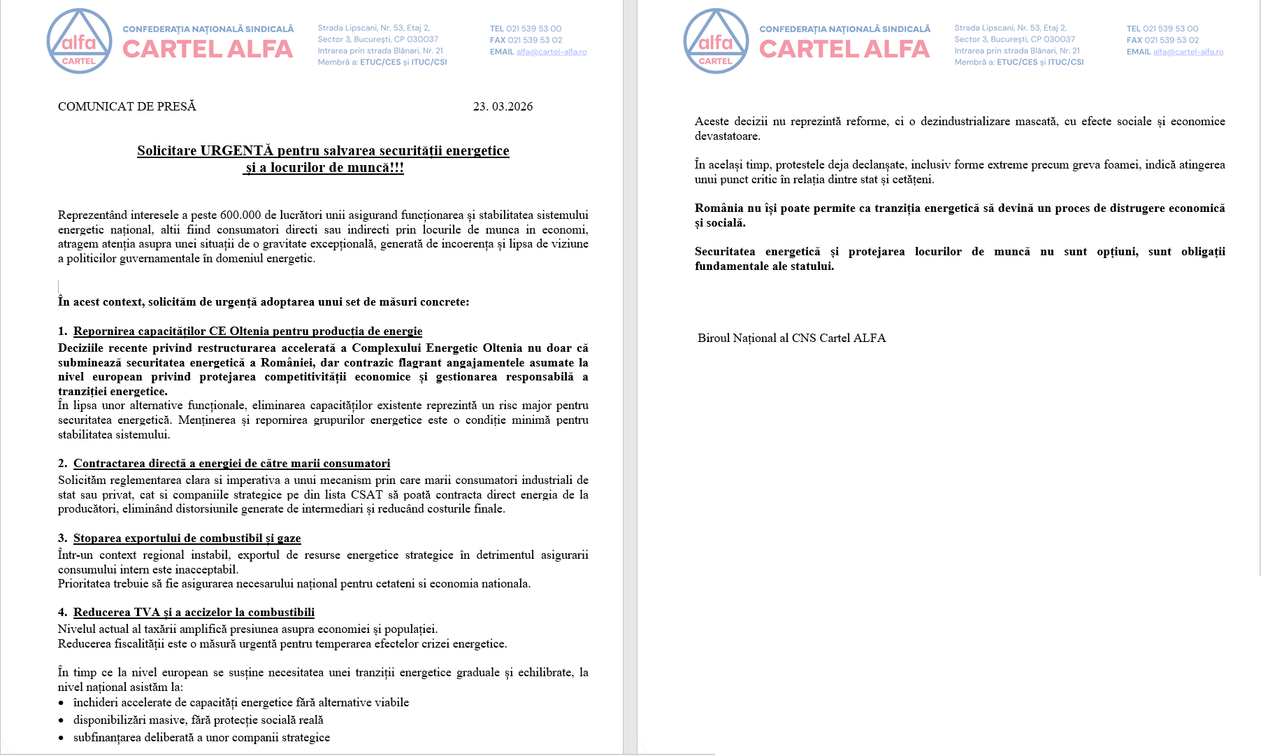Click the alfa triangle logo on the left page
tap(79, 41)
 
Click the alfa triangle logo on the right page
tap(716, 41)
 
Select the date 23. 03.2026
tap(503, 106)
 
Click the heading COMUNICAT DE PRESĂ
tap(127, 106)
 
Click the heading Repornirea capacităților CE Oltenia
tap(247, 331)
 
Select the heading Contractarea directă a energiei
tap(231, 463)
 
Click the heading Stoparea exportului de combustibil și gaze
tap(187, 538)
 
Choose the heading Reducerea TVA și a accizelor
tap(194, 612)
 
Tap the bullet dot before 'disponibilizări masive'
tap(62, 720)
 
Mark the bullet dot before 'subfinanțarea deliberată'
tap(62, 738)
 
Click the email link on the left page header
tap(552, 52)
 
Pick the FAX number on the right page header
tap(1172, 40)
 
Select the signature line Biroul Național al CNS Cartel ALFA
tap(791, 338)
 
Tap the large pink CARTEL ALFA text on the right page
tap(844, 49)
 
